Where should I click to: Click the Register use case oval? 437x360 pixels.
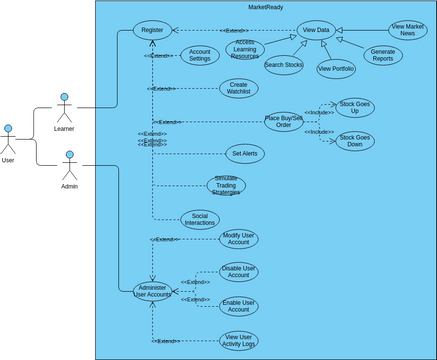coord(153,31)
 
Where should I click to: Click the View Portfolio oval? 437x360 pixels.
coord(336,68)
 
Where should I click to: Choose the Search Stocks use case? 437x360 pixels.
coord(284,66)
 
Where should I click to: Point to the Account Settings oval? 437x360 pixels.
coord(199,55)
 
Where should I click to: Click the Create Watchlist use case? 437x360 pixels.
coord(239,88)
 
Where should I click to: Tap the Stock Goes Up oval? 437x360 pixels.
coord(355,106)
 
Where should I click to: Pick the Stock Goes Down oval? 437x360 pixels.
coord(355,141)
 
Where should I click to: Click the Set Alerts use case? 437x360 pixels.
coord(245,154)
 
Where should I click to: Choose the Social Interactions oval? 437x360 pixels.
coord(200,219)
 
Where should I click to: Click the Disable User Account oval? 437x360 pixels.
coord(239,274)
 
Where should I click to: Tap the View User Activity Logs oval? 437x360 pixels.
coord(239,341)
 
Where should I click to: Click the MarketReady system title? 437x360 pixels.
coord(266,8)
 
